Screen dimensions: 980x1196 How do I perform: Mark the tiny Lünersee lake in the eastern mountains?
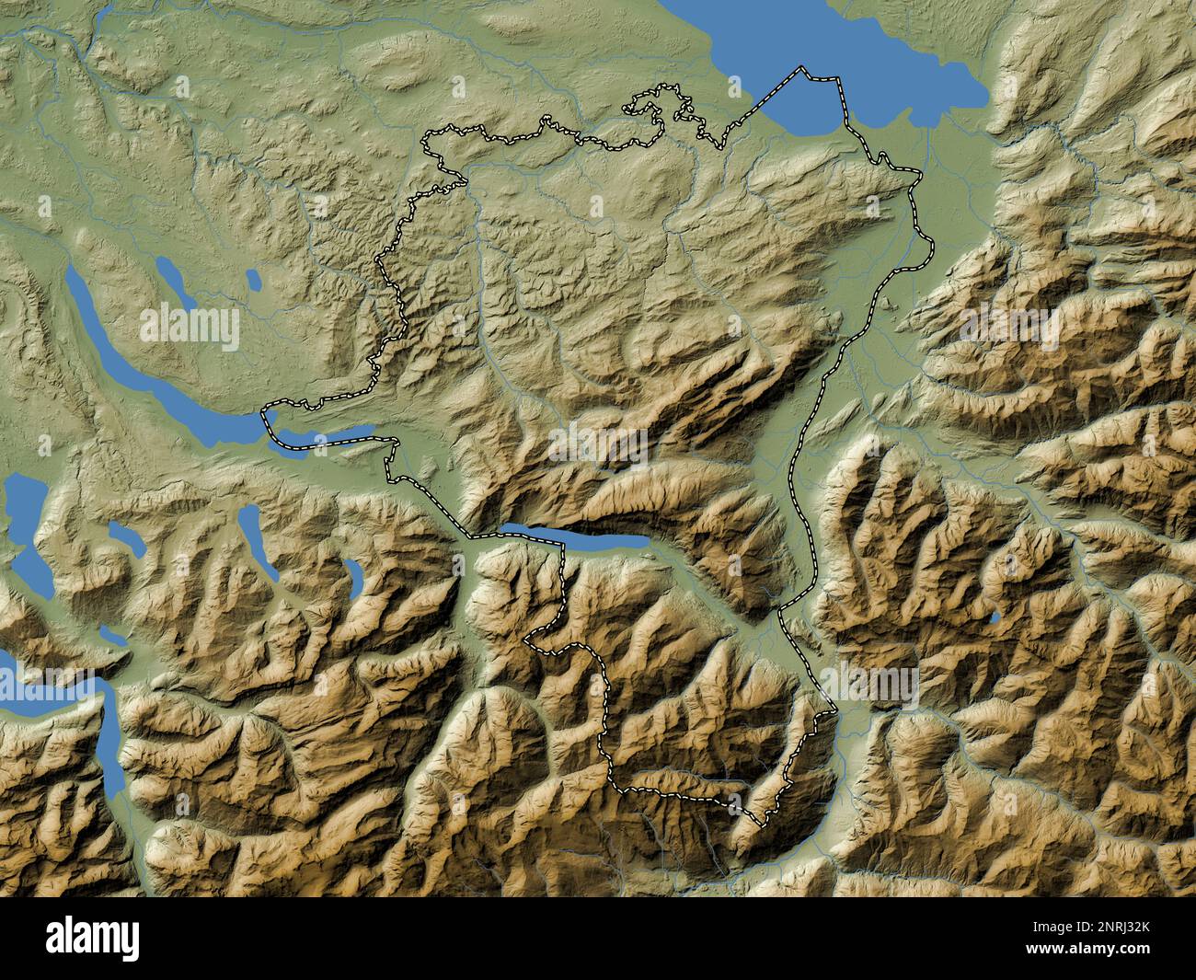point(995,617)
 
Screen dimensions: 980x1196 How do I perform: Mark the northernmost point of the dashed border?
point(801,66)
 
